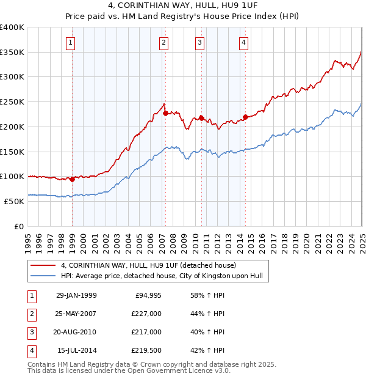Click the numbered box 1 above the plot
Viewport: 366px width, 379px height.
(71, 42)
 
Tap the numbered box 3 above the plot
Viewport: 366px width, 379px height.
(199, 42)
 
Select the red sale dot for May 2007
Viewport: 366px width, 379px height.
(165, 113)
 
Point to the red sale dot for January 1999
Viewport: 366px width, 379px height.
(73, 179)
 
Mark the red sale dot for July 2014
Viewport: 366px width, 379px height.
(245, 117)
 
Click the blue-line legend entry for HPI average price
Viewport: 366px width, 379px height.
(161, 276)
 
